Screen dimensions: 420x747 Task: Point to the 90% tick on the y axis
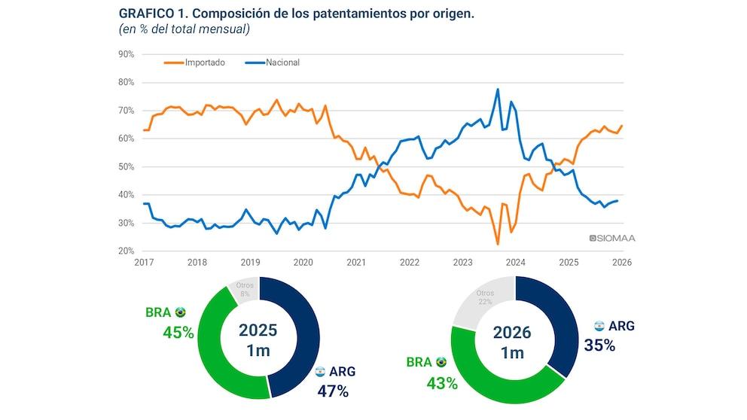[x=126, y=54]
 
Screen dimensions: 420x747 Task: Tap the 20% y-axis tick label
[x=126, y=251]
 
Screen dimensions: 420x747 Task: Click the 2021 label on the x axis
[x=356, y=263]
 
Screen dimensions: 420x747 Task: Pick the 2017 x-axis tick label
[x=143, y=263]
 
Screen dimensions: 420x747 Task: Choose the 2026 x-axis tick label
[x=621, y=263]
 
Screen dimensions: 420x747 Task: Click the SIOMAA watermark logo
[x=613, y=239]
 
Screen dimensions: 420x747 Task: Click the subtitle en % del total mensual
[x=184, y=29]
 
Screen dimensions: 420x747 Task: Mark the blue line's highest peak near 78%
[x=498, y=89]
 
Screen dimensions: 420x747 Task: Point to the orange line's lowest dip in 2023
[x=498, y=244]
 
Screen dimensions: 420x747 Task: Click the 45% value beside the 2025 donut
[x=178, y=332]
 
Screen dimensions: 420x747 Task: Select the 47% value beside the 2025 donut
[x=333, y=391]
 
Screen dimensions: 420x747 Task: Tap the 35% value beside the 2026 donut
[x=599, y=345]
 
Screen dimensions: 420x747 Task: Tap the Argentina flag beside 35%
[x=599, y=326]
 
